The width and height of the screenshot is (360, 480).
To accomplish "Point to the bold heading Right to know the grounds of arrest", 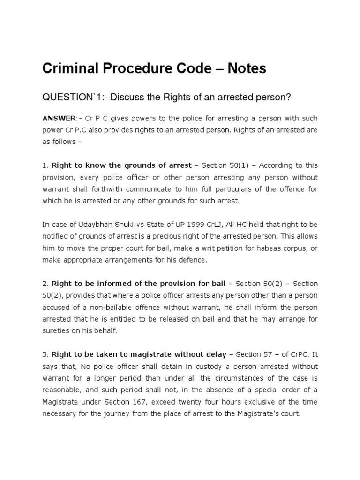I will point(121,165).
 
